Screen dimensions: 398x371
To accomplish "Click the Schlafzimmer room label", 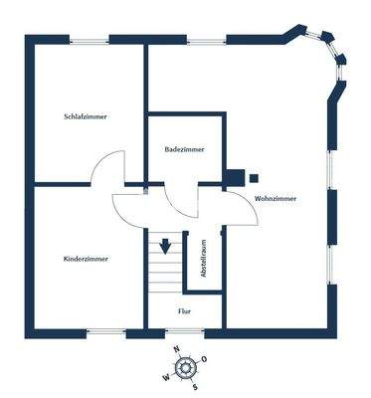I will pos(85,116).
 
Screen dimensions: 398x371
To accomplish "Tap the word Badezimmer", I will pos(185,149).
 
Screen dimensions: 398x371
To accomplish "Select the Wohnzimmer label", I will pos(276,200).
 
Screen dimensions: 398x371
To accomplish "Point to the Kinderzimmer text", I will pos(86,259).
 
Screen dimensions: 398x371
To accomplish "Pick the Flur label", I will pos(184,311).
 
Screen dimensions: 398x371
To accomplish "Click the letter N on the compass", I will pos(176,349).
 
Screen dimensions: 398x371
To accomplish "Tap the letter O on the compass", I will pos(204,358).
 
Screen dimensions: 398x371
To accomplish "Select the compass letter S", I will pos(196,386).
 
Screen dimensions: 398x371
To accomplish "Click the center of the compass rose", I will pos(186,368).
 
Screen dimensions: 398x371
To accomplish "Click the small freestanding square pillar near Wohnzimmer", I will pos(254,178).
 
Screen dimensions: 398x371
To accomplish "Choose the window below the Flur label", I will pos(187,331).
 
